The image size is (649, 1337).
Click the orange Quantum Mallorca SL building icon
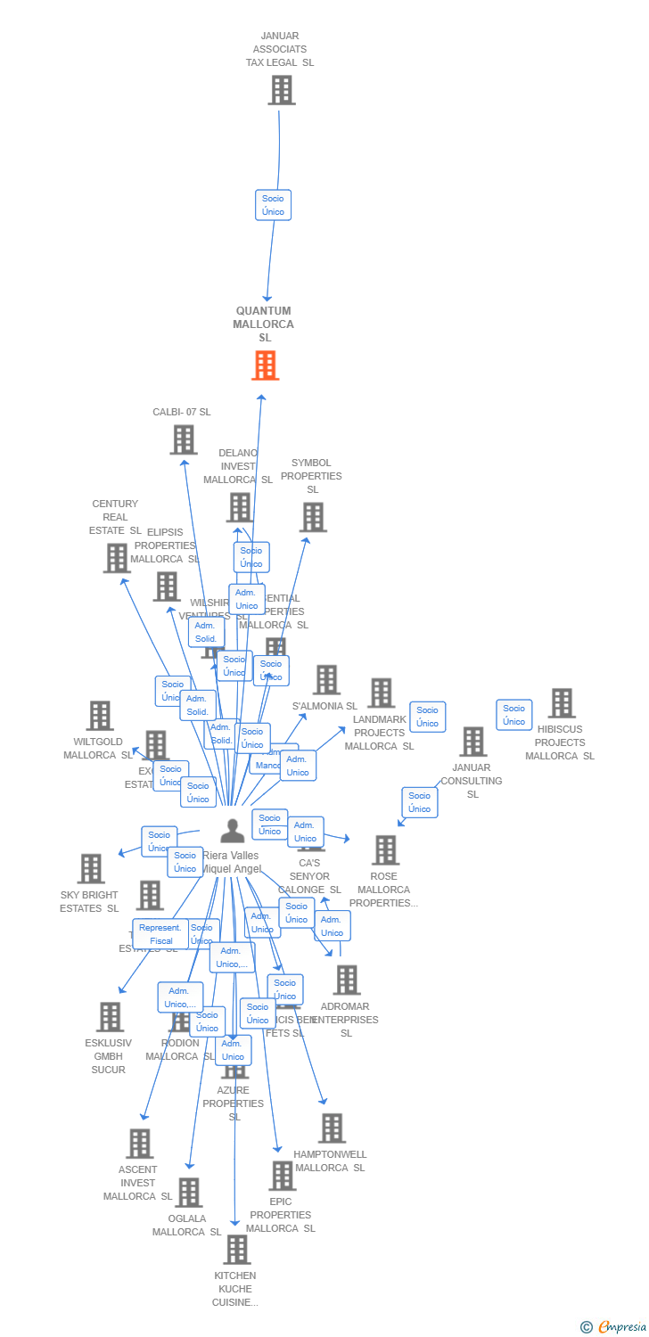click(265, 365)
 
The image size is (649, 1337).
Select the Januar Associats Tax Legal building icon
click(282, 90)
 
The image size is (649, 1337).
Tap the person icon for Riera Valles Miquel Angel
click(233, 831)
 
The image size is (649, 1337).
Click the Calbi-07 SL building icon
click(184, 439)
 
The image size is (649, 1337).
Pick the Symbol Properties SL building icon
click(313, 517)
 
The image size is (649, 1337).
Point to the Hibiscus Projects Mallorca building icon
click(561, 703)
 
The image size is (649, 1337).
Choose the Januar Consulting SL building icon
click(472, 742)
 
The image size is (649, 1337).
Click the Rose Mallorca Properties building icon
click(385, 850)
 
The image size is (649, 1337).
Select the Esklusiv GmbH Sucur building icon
click(110, 1017)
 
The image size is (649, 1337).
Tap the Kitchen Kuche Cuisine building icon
click(236, 1250)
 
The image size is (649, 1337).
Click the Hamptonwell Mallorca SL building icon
click(332, 1128)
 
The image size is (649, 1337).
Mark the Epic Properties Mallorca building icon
click(282, 1176)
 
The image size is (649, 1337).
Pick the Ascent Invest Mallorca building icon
click(139, 1144)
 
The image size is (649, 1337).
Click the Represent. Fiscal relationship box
click(161, 934)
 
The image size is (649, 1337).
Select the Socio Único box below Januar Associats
click(273, 205)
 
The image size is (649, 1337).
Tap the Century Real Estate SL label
click(115, 517)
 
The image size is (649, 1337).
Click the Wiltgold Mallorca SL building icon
click(100, 716)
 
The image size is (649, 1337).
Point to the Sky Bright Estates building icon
click(91, 869)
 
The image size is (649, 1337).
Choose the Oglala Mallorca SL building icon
click(188, 1193)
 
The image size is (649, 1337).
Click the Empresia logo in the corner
click(615, 1327)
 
